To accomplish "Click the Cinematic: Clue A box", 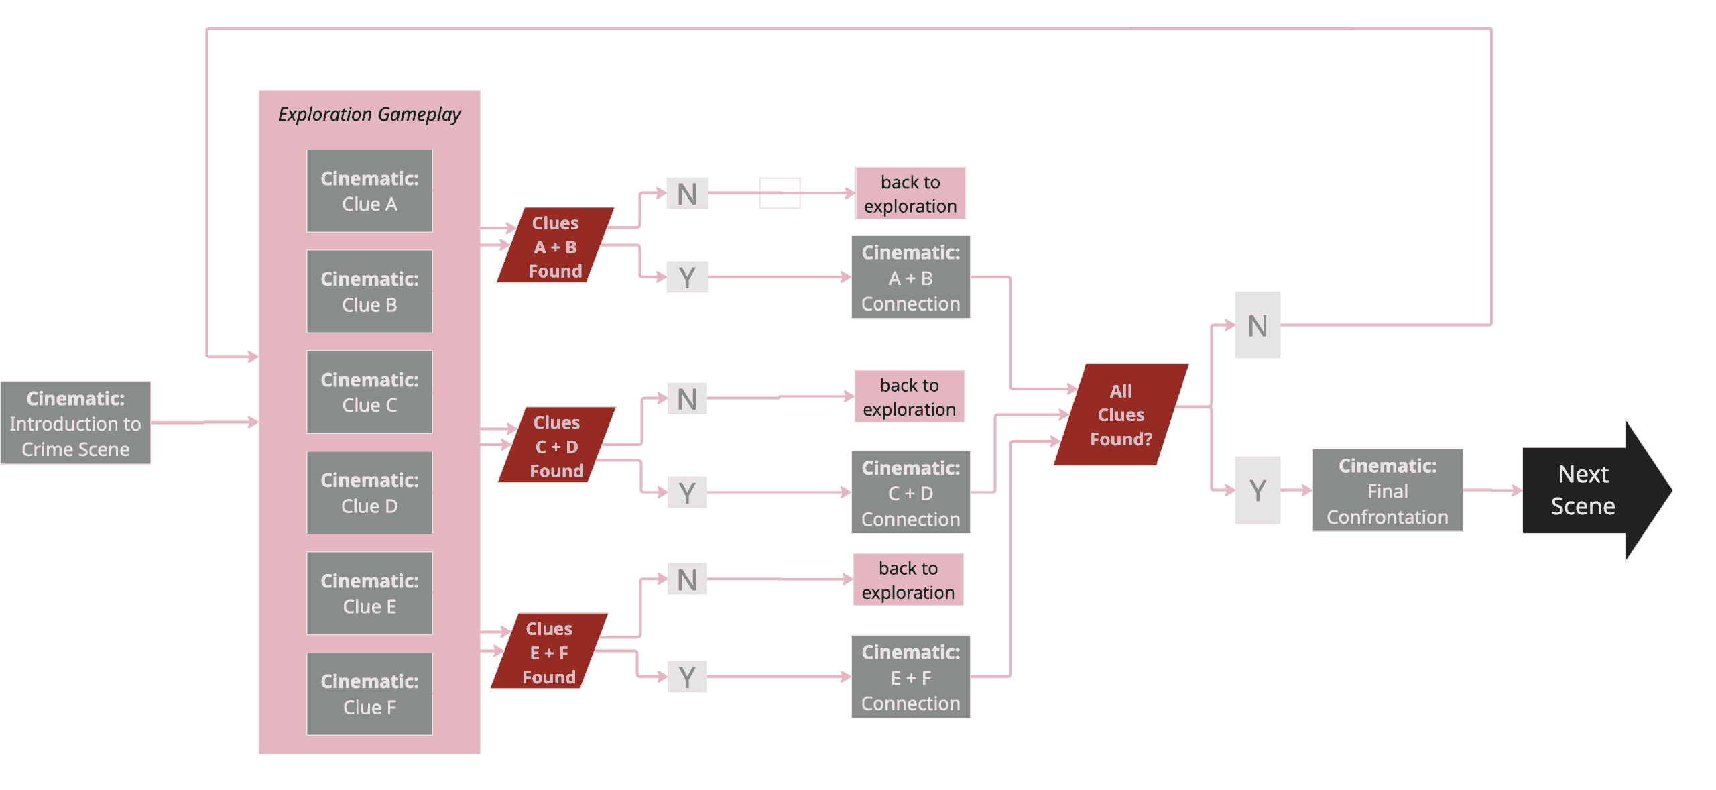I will coord(369,191).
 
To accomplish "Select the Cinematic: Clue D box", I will coord(369,493).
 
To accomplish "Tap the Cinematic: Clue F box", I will coord(369,694).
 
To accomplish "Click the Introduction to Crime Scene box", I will coord(76,423).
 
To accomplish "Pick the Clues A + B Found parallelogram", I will coord(555,245).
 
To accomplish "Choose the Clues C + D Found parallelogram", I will coord(556,445).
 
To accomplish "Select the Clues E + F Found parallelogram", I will coord(549,651).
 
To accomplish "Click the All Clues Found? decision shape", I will coord(1121,414).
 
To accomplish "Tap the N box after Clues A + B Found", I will coord(687,194).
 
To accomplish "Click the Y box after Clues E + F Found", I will coord(687,677).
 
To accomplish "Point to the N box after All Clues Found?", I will coord(1258,325).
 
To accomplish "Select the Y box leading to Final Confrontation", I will coord(1258,490).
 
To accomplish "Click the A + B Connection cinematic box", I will coord(910,277).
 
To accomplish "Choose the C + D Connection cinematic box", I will coord(910,493).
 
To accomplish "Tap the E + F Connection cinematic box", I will coord(910,677).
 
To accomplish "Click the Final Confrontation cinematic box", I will coord(1387,491).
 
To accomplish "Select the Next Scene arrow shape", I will coord(1589,491).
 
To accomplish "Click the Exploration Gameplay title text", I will coord(369,115).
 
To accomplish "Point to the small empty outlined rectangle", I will coord(780,193).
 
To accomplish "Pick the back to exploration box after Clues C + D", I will coord(909,397).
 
